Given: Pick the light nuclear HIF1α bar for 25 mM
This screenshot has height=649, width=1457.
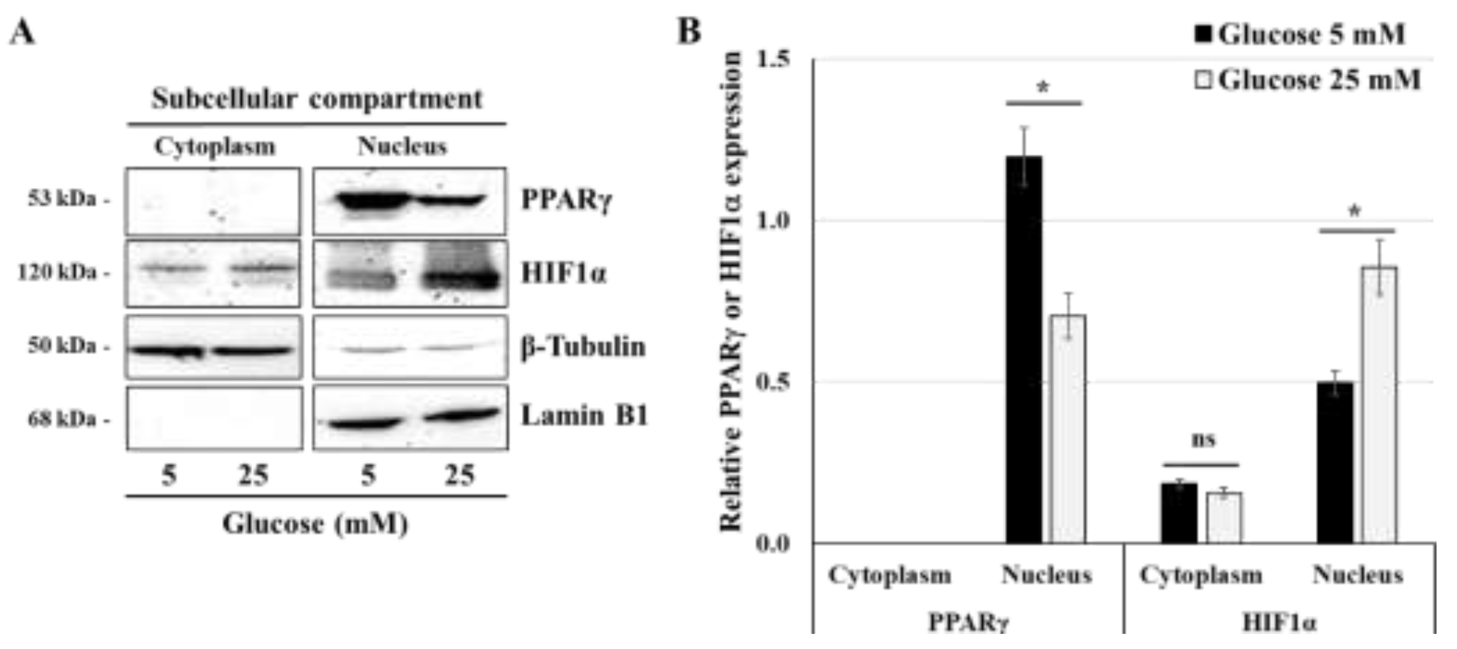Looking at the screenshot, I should pyautogui.click(x=1379, y=405).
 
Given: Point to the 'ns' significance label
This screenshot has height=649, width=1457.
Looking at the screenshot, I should pyautogui.click(x=1203, y=440).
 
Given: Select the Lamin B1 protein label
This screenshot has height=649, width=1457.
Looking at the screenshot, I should pyautogui.click(x=584, y=416).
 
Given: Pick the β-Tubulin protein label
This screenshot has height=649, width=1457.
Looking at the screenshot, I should pyautogui.click(x=583, y=347).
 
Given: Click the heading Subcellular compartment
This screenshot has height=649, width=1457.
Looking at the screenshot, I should pyautogui.click(x=317, y=99).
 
